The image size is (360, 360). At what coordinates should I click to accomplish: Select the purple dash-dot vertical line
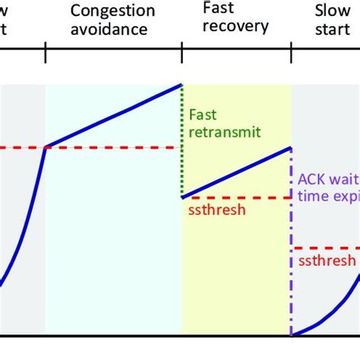[x=292, y=251]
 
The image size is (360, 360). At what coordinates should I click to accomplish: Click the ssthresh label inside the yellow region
[x=216, y=210]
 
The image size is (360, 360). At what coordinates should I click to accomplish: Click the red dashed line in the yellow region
[x=236, y=197]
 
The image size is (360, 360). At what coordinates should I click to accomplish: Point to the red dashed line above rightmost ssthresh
[x=325, y=248]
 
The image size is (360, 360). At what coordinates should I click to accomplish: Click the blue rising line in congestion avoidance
[x=114, y=115]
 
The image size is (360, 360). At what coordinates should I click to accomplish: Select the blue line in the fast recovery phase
[x=236, y=172]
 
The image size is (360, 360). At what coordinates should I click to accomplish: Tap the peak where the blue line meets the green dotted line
[x=182, y=84]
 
